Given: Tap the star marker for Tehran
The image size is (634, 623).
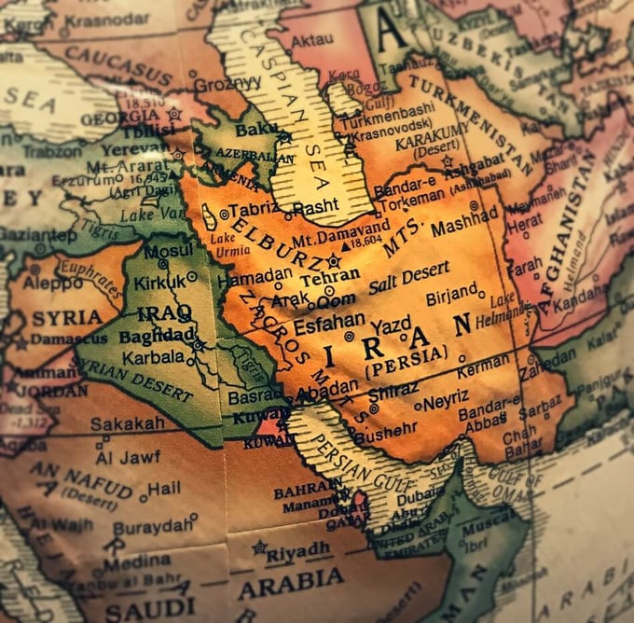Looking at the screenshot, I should (x=333, y=261).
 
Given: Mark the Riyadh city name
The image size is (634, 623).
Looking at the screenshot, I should (x=297, y=550).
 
